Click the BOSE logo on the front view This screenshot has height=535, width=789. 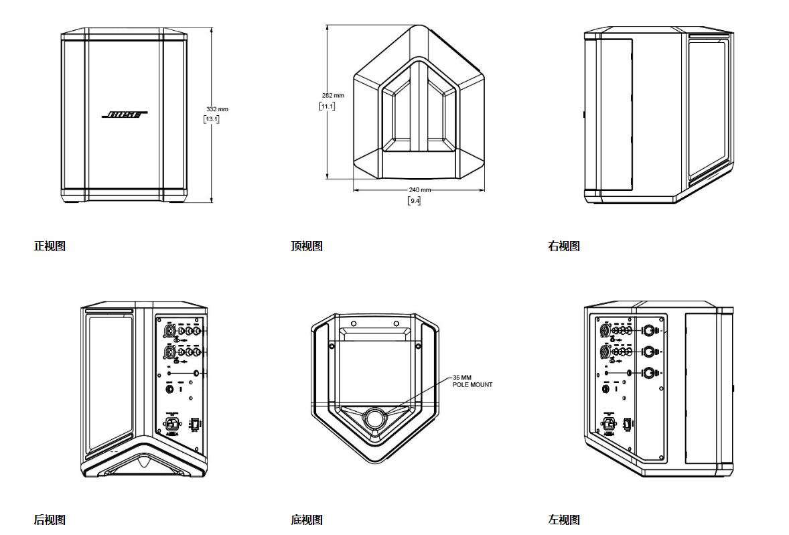125,115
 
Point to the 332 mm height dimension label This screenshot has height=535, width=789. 217,109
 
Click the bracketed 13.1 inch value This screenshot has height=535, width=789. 212,119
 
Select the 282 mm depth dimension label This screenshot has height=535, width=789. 333,96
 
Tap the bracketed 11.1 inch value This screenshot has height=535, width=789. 328,106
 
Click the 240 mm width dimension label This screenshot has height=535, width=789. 420,190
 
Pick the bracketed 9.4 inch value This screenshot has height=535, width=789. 415,200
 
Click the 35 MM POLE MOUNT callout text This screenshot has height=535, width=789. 472,381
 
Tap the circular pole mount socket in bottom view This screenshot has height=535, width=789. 374,419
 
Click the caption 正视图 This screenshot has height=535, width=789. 50,246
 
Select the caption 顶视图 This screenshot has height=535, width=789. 307,246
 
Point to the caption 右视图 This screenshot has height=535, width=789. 564,246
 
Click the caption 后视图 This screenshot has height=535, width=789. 50,520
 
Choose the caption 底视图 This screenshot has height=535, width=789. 307,520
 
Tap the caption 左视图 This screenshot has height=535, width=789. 564,520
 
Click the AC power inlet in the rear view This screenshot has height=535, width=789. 173,424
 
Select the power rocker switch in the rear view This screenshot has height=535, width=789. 195,425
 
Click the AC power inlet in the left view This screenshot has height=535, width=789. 609,423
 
